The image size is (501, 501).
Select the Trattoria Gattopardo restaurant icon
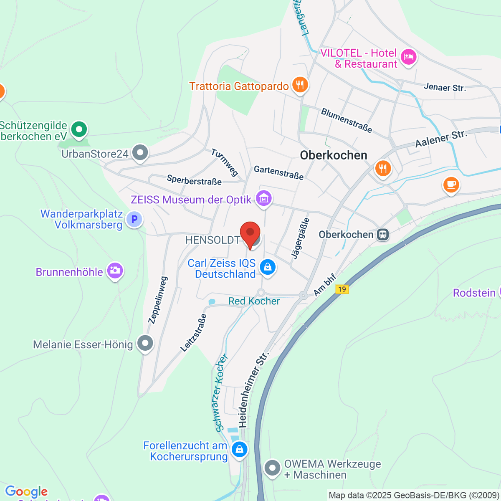point(300,85)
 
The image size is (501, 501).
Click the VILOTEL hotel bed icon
point(408,57)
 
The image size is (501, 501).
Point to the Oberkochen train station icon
point(382,235)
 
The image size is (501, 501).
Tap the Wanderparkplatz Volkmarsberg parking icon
point(134,219)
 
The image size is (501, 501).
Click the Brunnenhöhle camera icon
point(115,271)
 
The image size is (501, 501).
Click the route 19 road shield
point(342,289)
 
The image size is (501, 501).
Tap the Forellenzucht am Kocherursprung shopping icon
point(239,450)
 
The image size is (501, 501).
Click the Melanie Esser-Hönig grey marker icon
point(145,344)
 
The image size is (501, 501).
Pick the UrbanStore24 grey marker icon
point(140,153)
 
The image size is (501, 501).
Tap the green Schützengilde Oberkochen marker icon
point(78,129)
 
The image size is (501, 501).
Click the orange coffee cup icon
point(451,184)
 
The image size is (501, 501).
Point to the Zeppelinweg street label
point(158,300)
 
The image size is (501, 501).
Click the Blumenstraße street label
point(346,120)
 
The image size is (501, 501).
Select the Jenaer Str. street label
point(445,87)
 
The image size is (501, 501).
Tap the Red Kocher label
point(254,301)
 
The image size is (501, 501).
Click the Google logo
point(26,492)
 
